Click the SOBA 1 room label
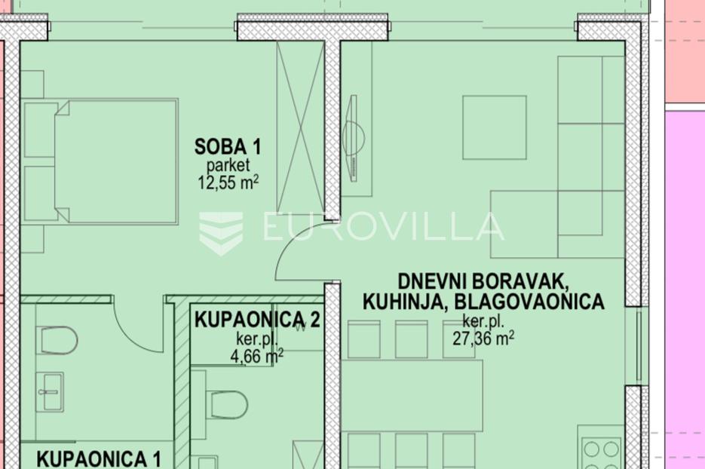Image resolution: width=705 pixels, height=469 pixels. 228,146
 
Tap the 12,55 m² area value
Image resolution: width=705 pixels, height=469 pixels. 228,182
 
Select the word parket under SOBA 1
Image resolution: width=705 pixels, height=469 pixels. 228,165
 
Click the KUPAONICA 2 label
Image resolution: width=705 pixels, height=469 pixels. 257,320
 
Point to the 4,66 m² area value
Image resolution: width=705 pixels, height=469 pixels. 256,357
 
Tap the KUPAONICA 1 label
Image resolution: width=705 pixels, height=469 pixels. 99,459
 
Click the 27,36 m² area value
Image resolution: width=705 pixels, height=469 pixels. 483,338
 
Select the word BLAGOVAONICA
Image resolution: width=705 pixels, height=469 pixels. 529,302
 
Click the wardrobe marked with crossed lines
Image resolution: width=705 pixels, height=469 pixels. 300,127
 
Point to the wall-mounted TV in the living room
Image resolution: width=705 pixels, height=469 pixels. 354,138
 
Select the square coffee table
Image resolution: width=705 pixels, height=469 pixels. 495,127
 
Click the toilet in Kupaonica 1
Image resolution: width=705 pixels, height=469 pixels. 59,340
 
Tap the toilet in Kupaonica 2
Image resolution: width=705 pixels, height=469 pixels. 227,405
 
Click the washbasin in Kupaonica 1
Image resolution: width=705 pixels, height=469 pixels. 50,392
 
